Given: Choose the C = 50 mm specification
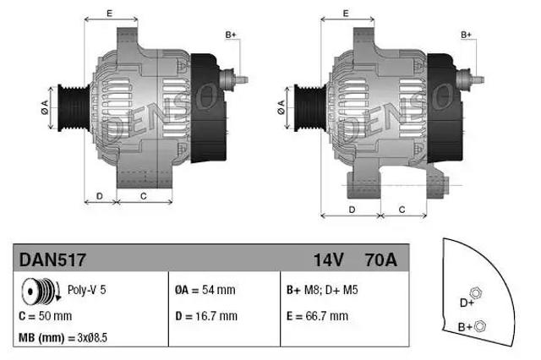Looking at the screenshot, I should coord(46,317).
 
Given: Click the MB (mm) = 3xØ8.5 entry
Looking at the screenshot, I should coord(63,338).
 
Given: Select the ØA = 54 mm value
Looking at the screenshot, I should coord(205,290).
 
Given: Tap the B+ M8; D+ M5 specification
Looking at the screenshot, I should coord(322,290).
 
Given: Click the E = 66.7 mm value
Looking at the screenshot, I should coord(317,317).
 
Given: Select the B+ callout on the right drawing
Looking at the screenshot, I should coord(466,35).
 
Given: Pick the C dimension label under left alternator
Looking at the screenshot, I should coord(144,196).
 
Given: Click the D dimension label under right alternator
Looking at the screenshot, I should coord(351,209).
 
